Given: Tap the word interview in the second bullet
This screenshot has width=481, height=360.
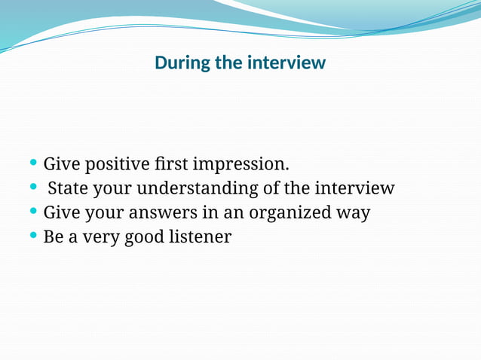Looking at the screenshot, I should [x=354, y=188].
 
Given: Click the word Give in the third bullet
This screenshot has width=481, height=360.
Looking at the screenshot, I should [x=61, y=212].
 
